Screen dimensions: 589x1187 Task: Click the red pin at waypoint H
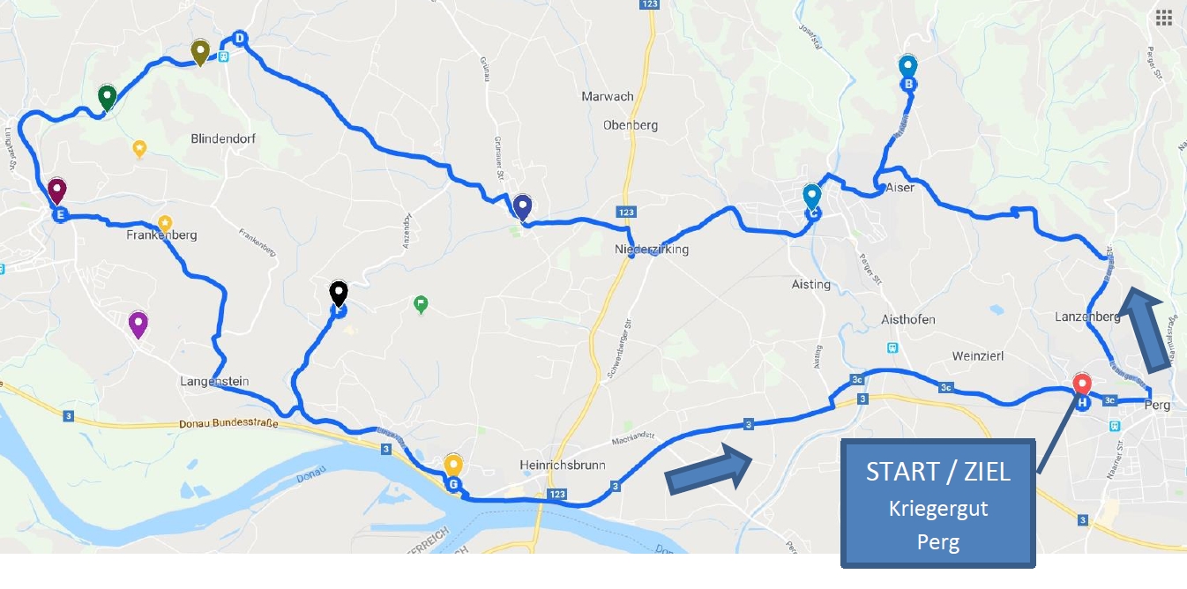click(1082, 385)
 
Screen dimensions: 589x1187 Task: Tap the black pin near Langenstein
click(339, 292)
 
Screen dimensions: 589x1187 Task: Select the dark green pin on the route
click(107, 96)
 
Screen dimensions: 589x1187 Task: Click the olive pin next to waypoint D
click(200, 52)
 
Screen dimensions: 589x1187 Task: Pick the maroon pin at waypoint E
click(57, 190)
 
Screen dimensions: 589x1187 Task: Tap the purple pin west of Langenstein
click(138, 324)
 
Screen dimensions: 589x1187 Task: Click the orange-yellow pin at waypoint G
click(453, 465)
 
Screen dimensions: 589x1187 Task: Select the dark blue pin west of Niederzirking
click(522, 206)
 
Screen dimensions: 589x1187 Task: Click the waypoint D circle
click(239, 38)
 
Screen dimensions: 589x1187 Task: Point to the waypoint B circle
click(907, 84)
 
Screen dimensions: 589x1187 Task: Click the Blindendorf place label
click(223, 138)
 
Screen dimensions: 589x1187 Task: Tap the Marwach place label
click(608, 96)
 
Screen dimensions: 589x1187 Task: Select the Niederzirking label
click(652, 250)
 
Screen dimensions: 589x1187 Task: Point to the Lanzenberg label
click(1086, 317)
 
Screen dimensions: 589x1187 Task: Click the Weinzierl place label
click(978, 355)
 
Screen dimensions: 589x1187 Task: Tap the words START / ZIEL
click(937, 472)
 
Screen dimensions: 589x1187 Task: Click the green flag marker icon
click(422, 304)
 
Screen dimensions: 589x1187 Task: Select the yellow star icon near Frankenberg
click(164, 223)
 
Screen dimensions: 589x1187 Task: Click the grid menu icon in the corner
click(1163, 18)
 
